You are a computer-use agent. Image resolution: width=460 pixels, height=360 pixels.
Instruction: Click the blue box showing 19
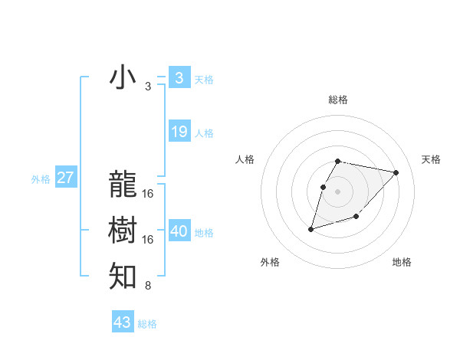(179, 132)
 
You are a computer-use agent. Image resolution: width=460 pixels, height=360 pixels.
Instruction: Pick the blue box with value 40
(179, 231)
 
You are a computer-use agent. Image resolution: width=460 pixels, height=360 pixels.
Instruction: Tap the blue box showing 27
(65, 178)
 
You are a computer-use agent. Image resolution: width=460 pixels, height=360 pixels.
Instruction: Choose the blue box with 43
(123, 322)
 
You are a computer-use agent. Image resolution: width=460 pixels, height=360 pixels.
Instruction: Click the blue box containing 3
(179, 77)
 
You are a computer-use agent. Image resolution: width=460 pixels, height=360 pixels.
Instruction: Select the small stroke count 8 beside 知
(148, 286)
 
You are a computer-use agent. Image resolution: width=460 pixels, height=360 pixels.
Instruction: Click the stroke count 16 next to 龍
(148, 193)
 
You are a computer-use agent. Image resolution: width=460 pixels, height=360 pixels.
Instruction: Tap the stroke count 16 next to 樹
(148, 240)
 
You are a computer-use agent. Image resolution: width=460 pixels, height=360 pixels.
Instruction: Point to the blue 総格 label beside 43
(147, 324)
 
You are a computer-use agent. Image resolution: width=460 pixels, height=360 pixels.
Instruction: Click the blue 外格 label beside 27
(41, 179)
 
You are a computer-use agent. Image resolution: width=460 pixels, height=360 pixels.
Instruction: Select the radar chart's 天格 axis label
(431, 159)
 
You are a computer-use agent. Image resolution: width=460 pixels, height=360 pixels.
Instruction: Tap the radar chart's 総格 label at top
(338, 100)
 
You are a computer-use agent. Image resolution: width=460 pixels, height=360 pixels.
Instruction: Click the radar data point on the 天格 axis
(396, 172)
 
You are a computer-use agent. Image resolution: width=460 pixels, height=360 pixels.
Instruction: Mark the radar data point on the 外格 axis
(311, 229)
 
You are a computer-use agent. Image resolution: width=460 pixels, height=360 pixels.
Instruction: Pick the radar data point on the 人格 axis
(324, 186)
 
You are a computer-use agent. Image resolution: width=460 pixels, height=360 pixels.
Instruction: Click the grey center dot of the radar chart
(338, 191)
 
